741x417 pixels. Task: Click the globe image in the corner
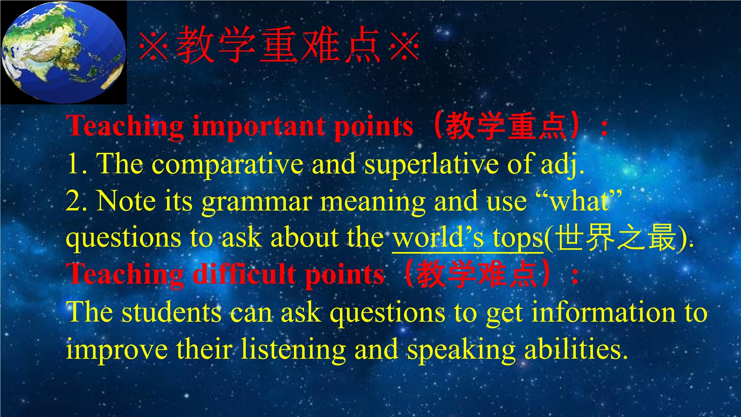(63, 53)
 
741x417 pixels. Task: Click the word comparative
(228, 164)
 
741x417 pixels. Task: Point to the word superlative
(431, 164)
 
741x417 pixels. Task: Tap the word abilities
(576, 348)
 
